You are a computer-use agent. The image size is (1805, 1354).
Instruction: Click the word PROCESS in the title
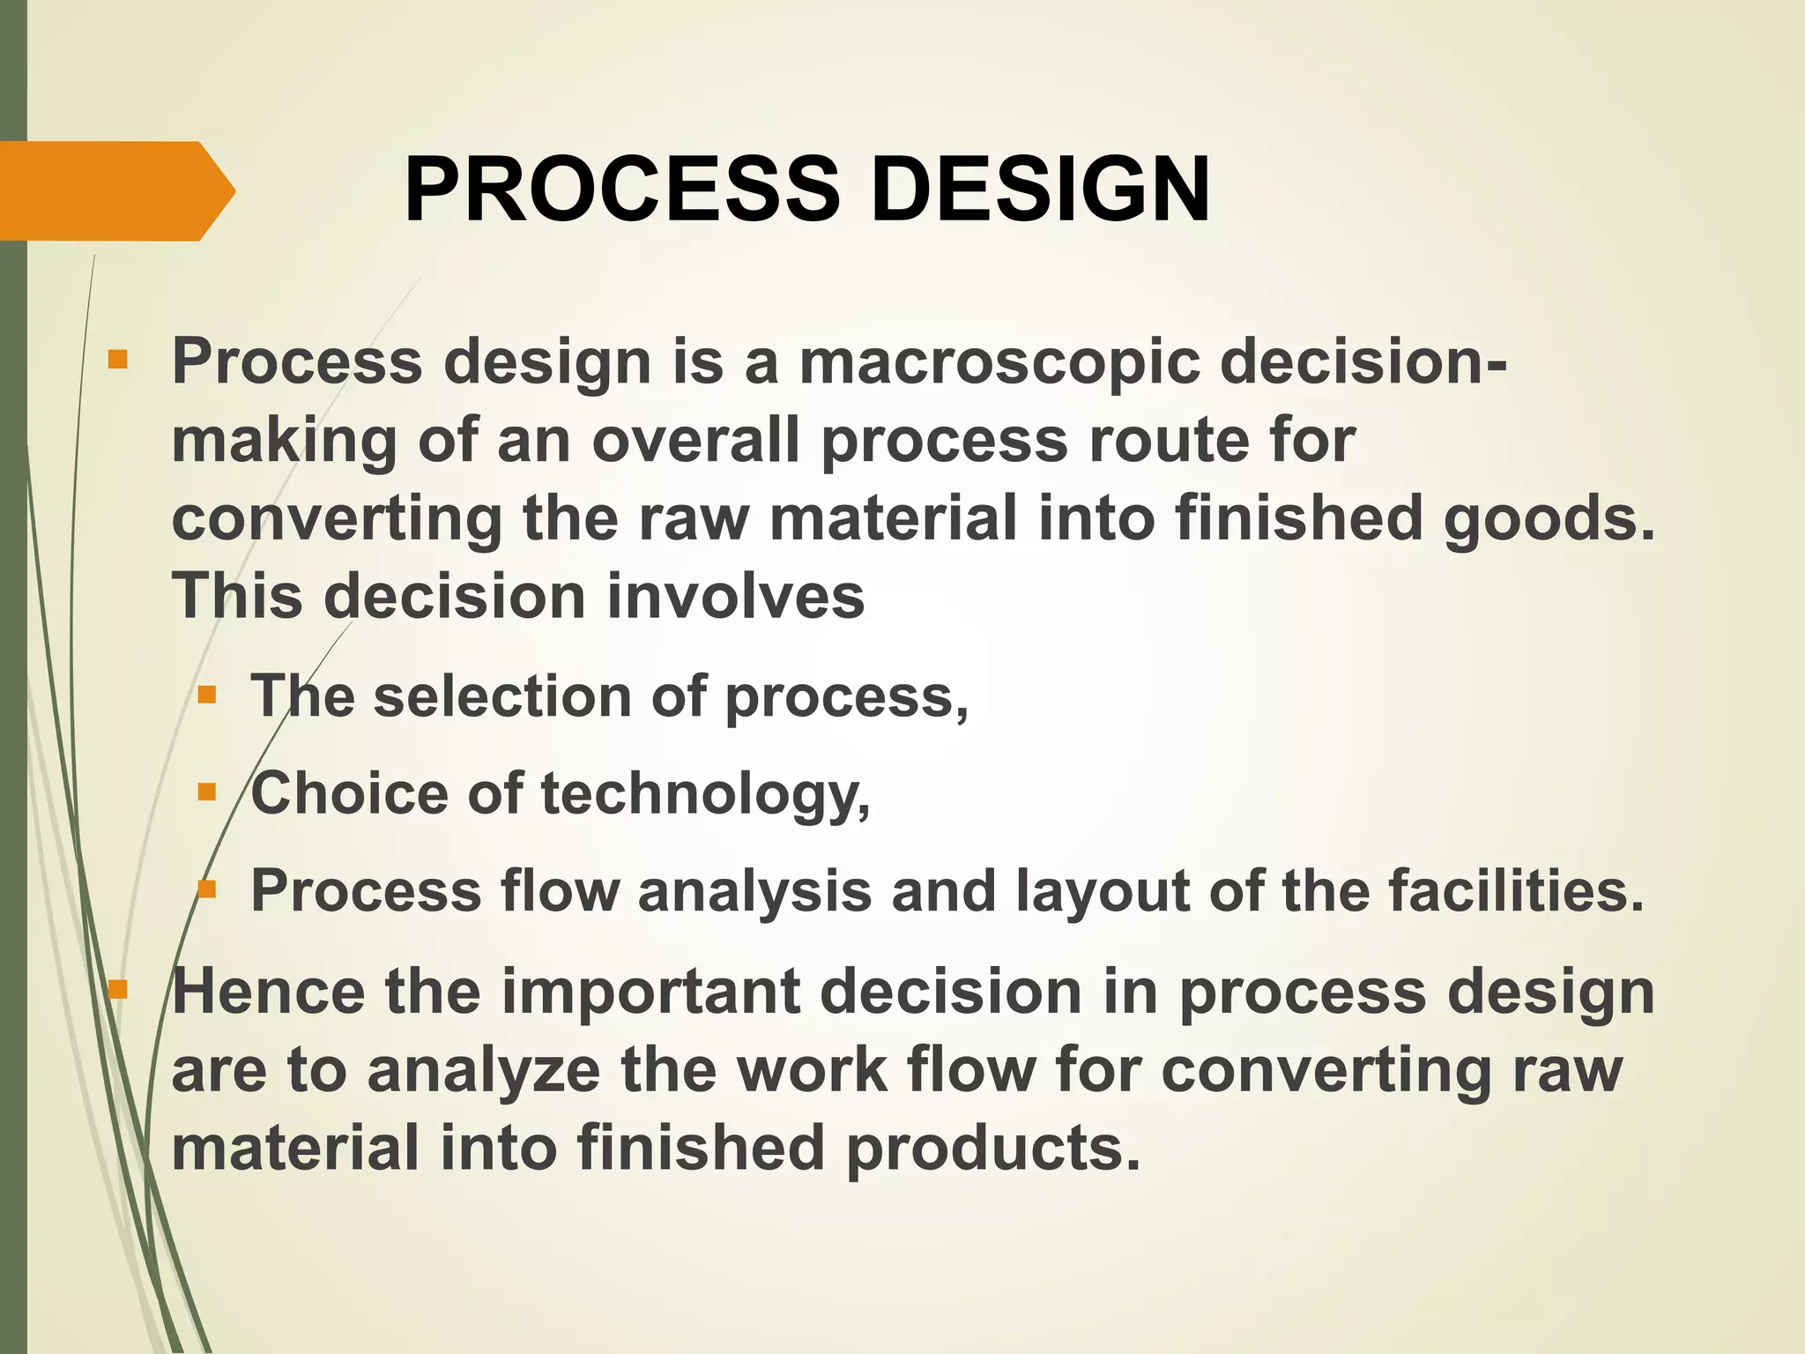coord(621,190)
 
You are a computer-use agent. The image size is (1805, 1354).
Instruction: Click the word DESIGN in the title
coord(1040,190)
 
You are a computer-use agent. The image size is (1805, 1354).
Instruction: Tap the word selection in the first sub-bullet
coord(501,696)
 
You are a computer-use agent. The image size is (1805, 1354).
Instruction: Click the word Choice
coord(349,793)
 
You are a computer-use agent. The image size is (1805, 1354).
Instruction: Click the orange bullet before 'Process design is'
coord(117,361)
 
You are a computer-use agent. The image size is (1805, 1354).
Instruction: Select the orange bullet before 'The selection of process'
coord(207,696)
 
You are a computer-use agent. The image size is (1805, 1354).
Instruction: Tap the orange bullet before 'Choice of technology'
coord(207,792)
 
